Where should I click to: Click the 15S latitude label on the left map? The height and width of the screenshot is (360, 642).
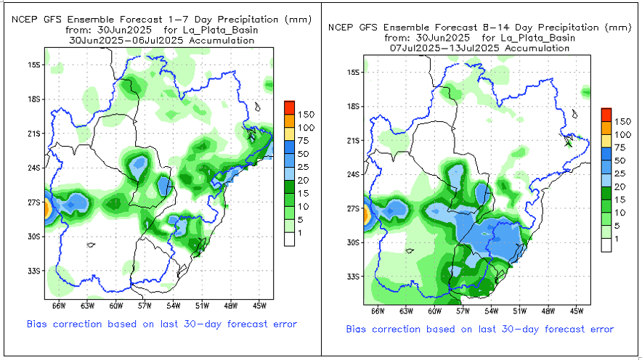pyautogui.click(x=33, y=65)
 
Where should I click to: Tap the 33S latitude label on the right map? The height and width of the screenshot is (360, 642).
pyautogui.click(x=354, y=277)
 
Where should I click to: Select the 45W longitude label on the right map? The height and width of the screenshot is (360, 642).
pyautogui.click(x=578, y=311)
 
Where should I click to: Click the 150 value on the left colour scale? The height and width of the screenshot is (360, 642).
pyautogui.click(x=306, y=115)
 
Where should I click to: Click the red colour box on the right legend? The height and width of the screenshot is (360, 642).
pyautogui.click(x=606, y=114)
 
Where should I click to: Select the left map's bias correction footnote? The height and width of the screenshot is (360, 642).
pyautogui.click(x=162, y=324)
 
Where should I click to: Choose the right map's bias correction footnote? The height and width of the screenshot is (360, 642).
pyautogui.click(x=479, y=329)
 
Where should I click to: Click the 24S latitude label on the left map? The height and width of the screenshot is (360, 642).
pyautogui.click(x=33, y=168)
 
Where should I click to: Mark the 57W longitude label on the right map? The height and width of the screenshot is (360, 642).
pyautogui.click(x=463, y=311)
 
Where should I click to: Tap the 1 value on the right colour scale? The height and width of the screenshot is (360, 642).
pyautogui.click(x=618, y=239)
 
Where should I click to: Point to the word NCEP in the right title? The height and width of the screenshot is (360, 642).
pyautogui.click(x=340, y=28)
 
